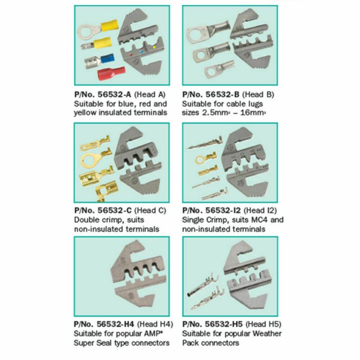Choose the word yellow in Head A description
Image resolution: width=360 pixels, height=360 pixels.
[85, 113]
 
